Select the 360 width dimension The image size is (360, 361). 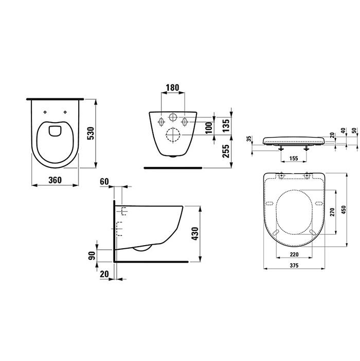click(x=56, y=180)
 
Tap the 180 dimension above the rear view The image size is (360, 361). click(x=172, y=88)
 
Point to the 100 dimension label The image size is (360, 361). click(x=209, y=128)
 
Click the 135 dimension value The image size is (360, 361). click(x=226, y=125)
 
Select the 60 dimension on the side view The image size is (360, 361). click(x=105, y=181)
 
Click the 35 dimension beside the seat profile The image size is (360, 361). click(x=249, y=139)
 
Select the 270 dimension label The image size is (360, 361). click(x=332, y=211)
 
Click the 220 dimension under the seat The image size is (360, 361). click(x=295, y=254)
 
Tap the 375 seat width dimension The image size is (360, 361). click(x=295, y=265)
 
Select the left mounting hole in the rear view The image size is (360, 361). click(x=161, y=122)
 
